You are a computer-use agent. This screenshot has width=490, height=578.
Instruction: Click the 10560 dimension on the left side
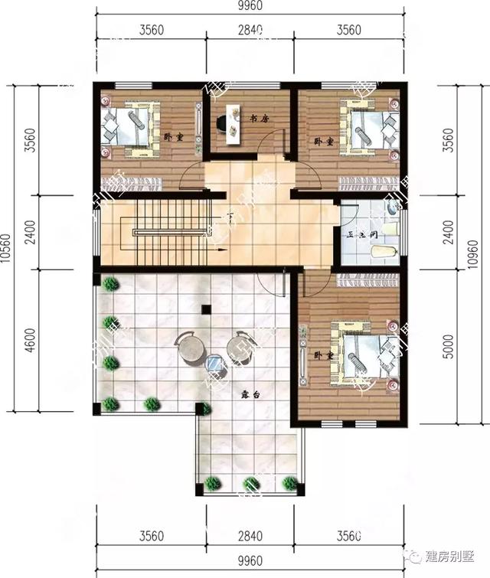click(x=7, y=250)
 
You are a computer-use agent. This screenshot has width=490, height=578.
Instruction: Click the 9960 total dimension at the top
click(x=250, y=9)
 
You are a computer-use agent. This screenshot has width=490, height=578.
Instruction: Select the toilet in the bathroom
click(x=383, y=250)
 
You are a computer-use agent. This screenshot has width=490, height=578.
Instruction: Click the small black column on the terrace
click(x=205, y=309)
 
